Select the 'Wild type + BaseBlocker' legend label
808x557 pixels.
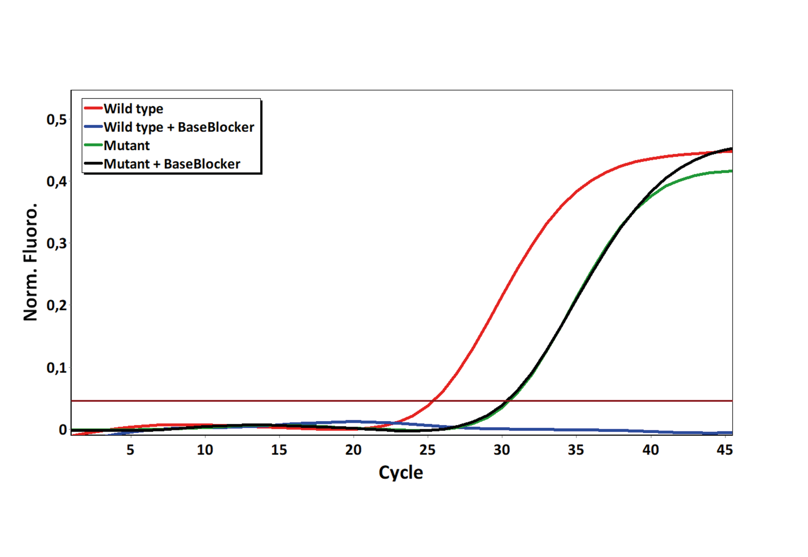179,127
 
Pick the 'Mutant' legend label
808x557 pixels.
127,145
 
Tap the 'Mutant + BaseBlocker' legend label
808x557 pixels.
172,164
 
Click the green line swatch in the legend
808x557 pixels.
93,145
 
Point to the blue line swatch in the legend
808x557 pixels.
93,126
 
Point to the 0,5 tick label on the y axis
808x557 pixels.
57,120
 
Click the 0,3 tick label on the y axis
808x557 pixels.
57,244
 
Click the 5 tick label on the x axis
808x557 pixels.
130,450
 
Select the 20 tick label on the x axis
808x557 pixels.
353,450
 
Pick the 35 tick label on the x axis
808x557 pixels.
576,450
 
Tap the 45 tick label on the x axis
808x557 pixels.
725,450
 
